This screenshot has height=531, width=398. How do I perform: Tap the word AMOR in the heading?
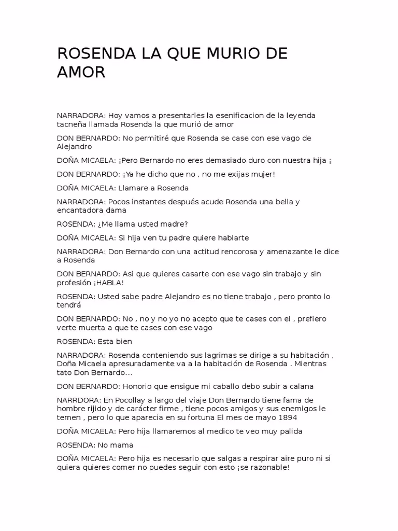(x=81, y=73)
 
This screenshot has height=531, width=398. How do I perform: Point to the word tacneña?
(x=72, y=124)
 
